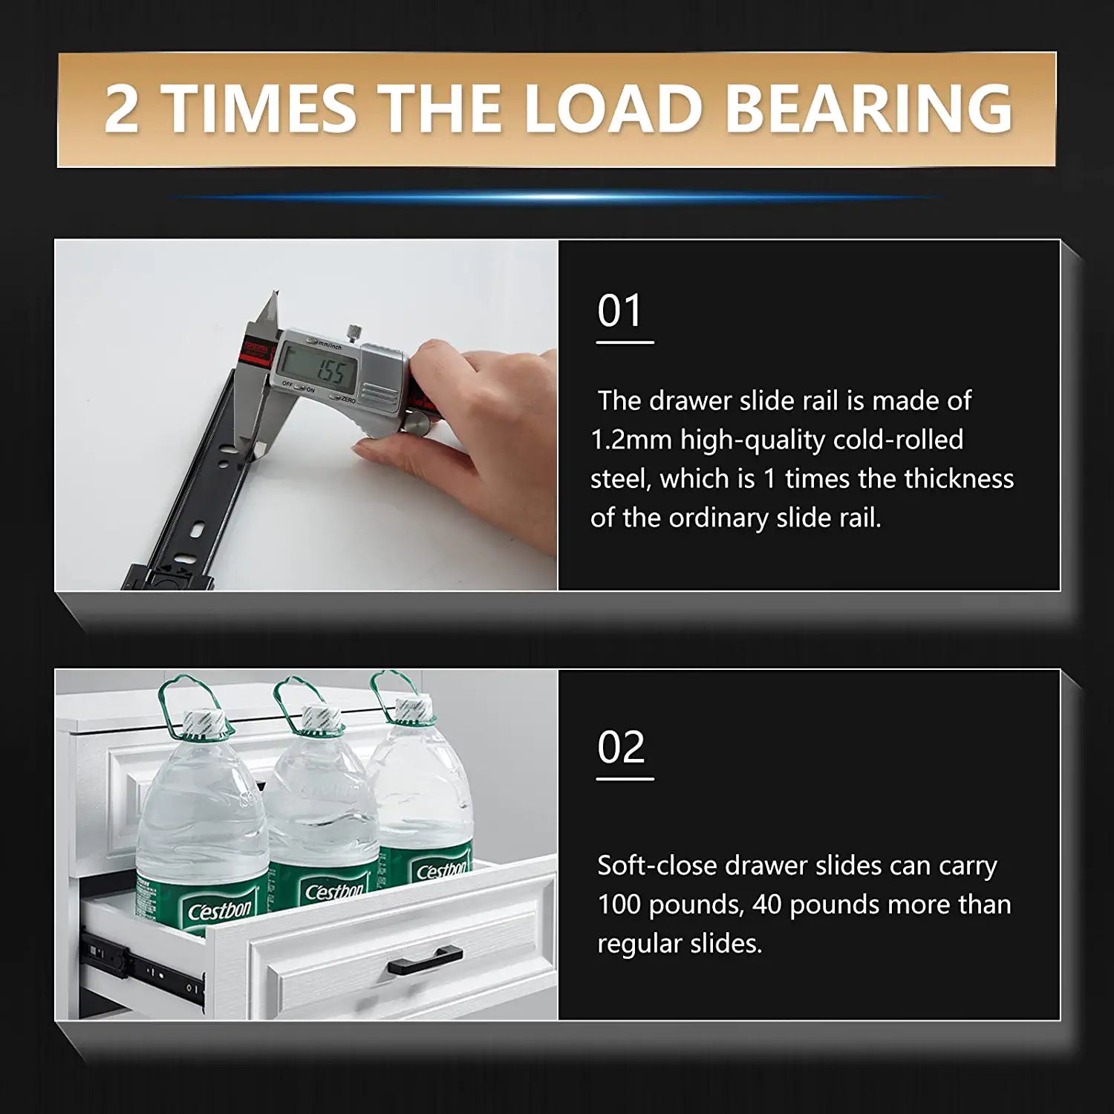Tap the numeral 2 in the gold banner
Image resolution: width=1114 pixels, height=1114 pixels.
pos(122,110)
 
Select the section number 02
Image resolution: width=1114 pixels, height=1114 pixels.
pos(621,747)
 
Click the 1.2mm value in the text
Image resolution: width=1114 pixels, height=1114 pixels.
pos(631,440)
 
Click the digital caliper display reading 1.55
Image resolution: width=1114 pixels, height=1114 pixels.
pos(320,370)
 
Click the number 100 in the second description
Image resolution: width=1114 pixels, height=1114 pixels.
pos(619,905)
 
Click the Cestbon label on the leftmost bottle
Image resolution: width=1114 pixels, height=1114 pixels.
pos(219,911)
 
